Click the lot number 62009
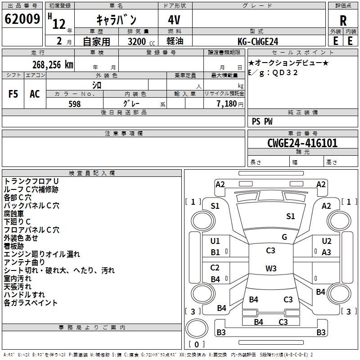(x=22, y=20)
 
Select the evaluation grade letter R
(x=343, y=20)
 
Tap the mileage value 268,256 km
(x=53, y=64)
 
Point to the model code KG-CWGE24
(x=258, y=41)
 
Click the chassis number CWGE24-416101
(x=302, y=143)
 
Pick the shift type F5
(x=13, y=94)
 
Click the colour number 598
(x=74, y=104)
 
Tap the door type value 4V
(x=175, y=20)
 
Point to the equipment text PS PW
(x=262, y=121)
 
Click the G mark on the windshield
(x=284, y=237)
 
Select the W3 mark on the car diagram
(x=271, y=269)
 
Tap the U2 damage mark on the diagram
(x=327, y=241)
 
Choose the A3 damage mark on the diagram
(x=327, y=252)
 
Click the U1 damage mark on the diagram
(x=215, y=241)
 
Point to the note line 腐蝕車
(x=14, y=213)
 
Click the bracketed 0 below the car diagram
(x=196, y=344)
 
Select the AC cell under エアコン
(x=35, y=94)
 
